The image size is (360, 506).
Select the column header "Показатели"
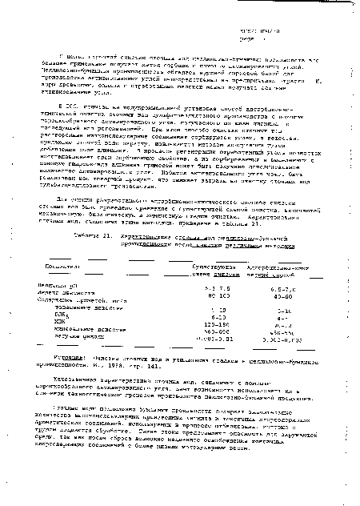(67, 274)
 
